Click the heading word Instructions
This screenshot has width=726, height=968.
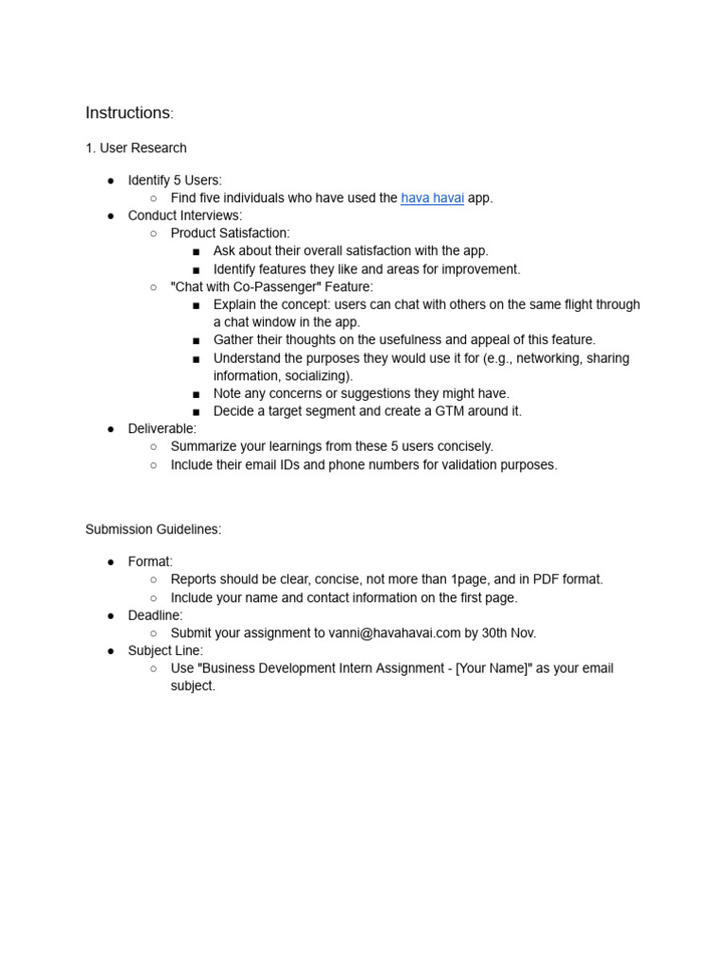(x=128, y=113)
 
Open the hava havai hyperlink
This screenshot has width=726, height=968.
(x=432, y=199)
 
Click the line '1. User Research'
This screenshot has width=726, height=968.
(x=136, y=148)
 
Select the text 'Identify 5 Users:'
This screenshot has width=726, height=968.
(x=175, y=181)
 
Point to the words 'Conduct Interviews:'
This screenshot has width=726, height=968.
(x=185, y=216)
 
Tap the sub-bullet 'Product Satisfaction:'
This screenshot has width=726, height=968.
(x=230, y=233)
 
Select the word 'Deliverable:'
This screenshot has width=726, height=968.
(x=163, y=429)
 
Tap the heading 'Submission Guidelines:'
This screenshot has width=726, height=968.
(x=153, y=529)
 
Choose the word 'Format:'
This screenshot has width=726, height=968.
(x=150, y=562)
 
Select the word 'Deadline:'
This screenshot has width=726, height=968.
(x=156, y=615)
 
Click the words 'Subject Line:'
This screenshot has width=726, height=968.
(x=165, y=651)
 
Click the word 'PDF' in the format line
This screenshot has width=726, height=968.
(x=547, y=579)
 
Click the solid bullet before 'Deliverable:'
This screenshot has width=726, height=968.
(x=111, y=429)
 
